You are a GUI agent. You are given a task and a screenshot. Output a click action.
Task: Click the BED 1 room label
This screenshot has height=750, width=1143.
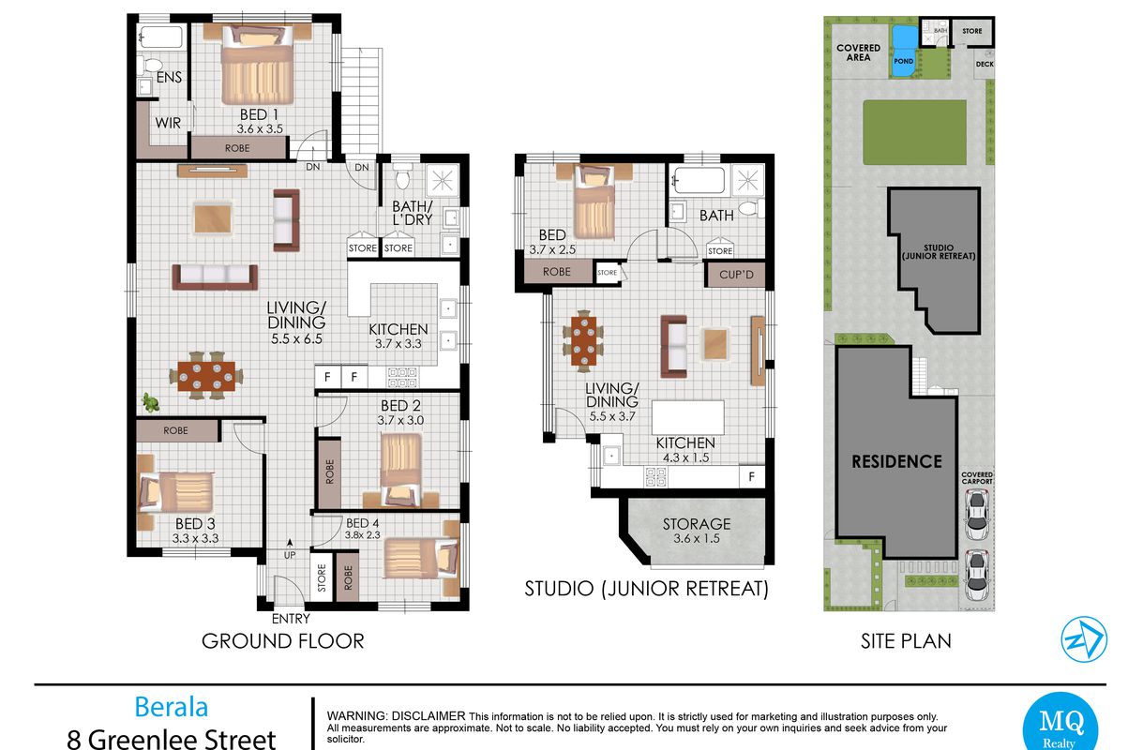point(259,114)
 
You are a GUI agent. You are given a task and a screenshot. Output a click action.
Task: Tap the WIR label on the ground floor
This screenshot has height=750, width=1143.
point(168,123)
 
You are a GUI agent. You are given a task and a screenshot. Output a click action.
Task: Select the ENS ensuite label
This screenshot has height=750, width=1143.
point(169,78)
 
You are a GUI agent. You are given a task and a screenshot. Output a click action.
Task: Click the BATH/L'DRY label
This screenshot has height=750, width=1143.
point(413,213)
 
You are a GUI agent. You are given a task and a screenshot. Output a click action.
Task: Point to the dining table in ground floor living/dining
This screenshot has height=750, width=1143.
point(206,376)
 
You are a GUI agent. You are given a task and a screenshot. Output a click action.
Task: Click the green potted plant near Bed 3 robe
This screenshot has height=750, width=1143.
point(151,402)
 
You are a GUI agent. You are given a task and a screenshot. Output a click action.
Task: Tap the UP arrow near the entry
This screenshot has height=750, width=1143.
point(290,543)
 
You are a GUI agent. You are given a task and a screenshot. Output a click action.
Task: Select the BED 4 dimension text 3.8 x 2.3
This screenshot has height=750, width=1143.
point(363,535)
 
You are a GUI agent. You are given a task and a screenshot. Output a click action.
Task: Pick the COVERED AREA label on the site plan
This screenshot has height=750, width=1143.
point(858,52)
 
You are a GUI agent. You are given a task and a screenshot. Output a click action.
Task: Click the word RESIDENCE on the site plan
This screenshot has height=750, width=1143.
point(896,462)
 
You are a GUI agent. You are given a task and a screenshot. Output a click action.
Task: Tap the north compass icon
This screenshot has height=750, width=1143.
point(1084,639)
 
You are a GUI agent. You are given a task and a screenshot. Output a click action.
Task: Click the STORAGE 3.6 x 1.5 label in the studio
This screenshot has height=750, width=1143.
point(697,531)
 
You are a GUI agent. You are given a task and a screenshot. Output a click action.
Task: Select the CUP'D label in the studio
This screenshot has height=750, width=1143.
point(736,275)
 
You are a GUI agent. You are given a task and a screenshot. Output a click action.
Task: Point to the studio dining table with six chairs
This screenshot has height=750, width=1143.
point(583,341)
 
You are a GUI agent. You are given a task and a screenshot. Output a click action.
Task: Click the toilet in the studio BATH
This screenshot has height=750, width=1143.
point(751,208)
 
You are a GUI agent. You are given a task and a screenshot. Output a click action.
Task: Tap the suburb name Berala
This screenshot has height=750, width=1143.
point(171,707)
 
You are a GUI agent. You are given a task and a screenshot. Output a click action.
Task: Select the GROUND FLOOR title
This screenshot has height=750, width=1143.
point(282,641)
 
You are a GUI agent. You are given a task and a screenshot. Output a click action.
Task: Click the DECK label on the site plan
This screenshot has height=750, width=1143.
point(985,65)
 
